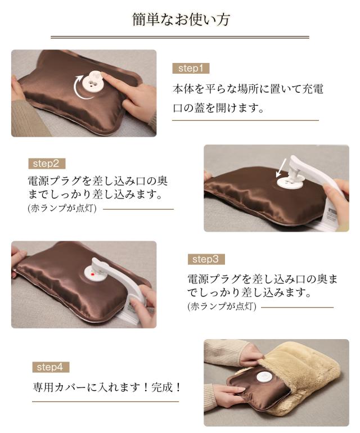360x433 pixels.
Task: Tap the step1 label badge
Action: point(190,69)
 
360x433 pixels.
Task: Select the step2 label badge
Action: point(46,164)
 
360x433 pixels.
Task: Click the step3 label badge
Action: point(205,259)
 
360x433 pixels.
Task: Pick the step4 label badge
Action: point(50,367)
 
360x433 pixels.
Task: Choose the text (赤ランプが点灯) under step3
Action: point(222,306)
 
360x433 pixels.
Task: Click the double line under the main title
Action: point(180,38)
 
